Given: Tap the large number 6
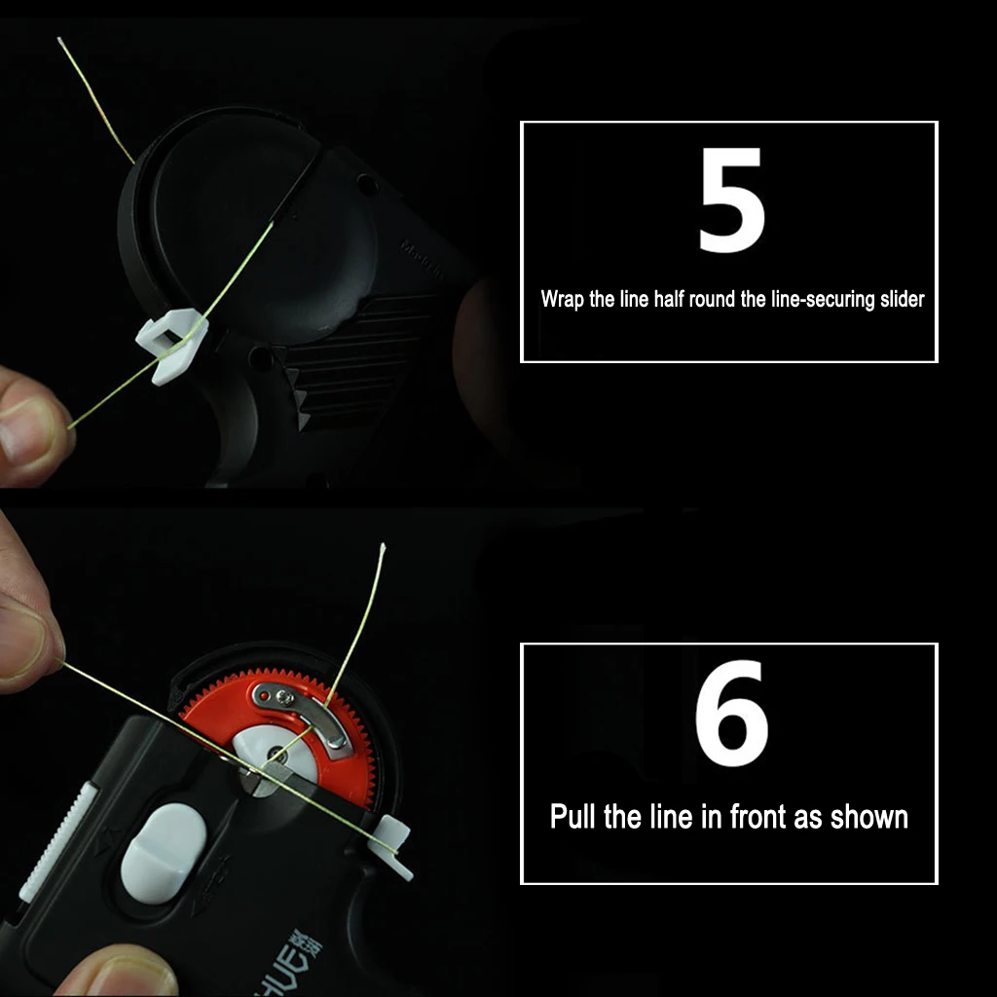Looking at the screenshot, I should [731, 713].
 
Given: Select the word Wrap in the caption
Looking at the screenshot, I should [563, 299].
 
